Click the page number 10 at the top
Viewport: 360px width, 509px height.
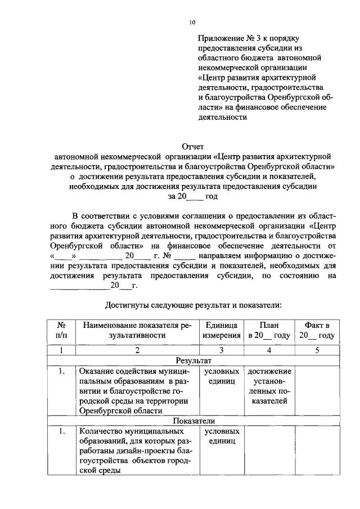pyautogui.click(x=192, y=22)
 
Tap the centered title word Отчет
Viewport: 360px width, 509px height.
pyautogui.click(x=192, y=147)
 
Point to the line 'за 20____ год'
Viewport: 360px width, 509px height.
pyautogui.click(x=192, y=197)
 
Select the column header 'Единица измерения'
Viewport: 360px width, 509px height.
pyautogui.click(x=221, y=330)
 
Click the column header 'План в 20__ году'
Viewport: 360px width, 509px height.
pyautogui.click(x=269, y=330)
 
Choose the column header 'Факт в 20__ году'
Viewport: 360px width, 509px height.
pyautogui.click(x=317, y=330)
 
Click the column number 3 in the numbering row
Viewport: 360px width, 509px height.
pyautogui.click(x=221, y=350)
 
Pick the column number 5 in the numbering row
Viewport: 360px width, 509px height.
pyautogui.click(x=317, y=350)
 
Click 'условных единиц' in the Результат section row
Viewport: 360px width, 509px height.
pyautogui.click(x=221, y=376)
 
